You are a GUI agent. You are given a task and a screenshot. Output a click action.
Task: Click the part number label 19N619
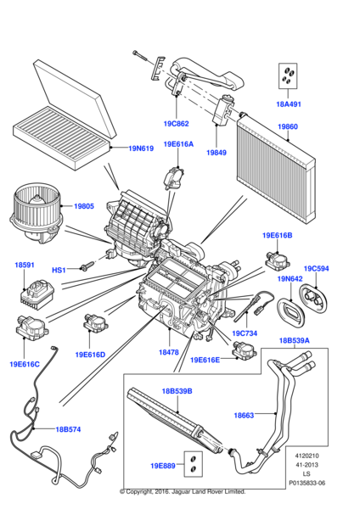(x=142, y=148)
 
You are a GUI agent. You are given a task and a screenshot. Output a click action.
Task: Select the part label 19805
(x=83, y=205)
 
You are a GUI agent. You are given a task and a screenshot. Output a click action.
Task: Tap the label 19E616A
(x=179, y=144)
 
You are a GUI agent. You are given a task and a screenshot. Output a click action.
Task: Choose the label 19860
(x=288, y=128)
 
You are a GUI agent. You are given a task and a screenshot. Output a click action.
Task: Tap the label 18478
(x=169, y=351)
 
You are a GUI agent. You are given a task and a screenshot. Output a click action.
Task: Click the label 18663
(x=245, y=415)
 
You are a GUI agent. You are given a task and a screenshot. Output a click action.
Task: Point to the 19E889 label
(x=164, y=465)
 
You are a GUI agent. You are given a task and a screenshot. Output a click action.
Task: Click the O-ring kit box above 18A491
(x=289, y=77)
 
